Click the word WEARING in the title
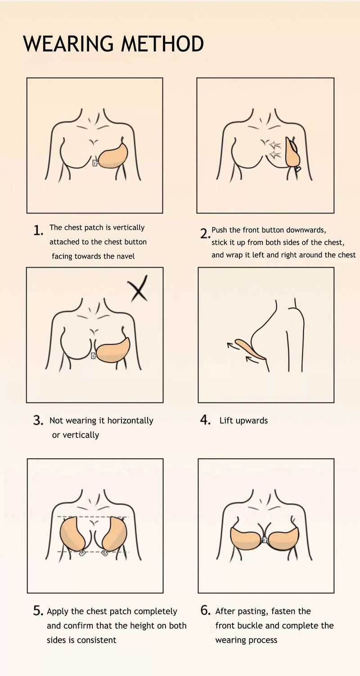[68, 44]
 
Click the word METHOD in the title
[162, 44]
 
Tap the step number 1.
[38, 230]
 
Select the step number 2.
[205, 234]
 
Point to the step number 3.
[38, 420]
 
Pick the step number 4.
[205, 420]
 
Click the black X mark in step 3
[138, 288]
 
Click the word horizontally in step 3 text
[130, 421]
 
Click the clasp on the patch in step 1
[95, 163]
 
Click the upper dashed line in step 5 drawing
[93, 516]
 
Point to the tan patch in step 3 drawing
[113, 350]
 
